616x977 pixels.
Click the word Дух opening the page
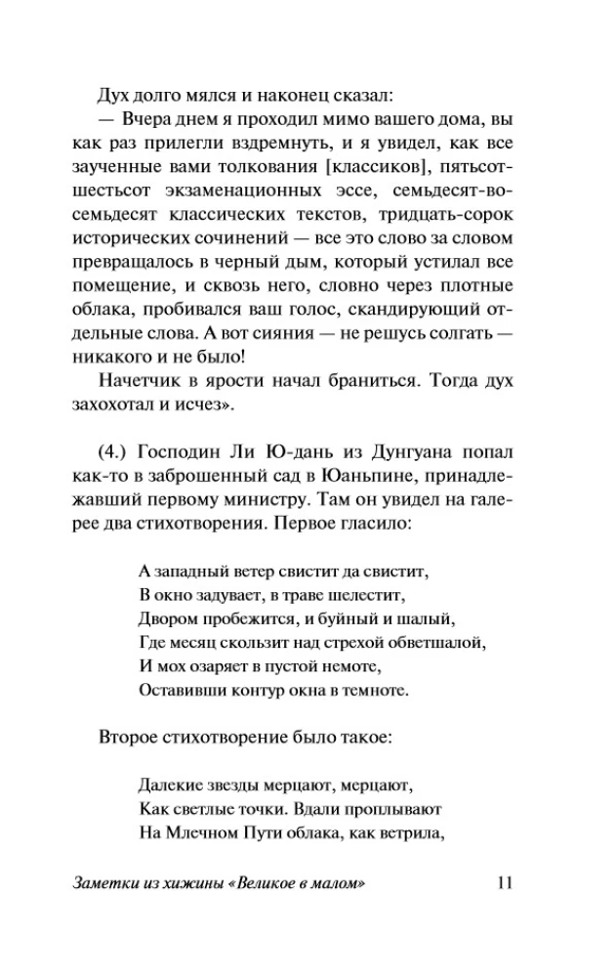click(x=114, y=95)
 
